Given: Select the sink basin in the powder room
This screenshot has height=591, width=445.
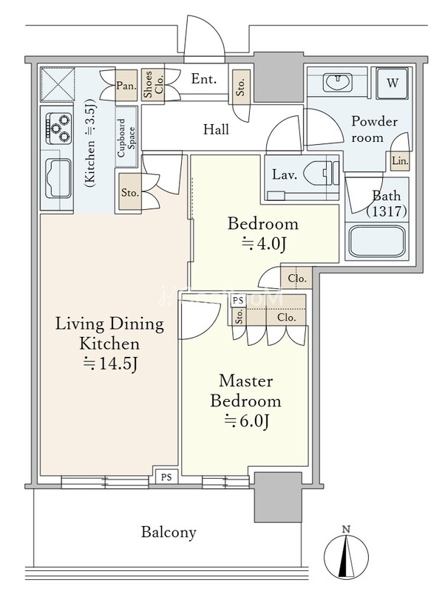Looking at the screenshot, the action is (x=337, y=82).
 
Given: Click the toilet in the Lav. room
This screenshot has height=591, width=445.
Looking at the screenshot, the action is (x=319, y=174).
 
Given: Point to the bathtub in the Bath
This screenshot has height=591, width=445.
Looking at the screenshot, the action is (x=377, y=242).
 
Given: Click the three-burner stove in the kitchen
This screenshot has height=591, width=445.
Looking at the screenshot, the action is (x=59, y=128).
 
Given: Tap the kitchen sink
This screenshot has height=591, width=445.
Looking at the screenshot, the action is (x=58, y=178).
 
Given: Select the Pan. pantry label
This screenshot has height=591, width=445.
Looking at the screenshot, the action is (x=126, y=86).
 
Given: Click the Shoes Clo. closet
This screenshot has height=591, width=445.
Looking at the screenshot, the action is (x=154, y=85).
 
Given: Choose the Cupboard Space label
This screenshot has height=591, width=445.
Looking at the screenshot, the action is (x=126, y=137).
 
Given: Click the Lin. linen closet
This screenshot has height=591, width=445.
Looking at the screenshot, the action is (x=400, y=161).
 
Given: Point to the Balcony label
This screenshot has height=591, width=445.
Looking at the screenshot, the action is (x=169, y=532).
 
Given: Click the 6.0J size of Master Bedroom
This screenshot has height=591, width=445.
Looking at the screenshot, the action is (x=246, y=421).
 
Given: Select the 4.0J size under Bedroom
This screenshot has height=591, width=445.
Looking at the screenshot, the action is (x=264, y=244).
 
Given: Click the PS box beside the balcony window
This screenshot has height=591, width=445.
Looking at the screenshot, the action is (x=166, y=476).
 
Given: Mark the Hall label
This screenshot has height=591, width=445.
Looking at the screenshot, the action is (x=216, y=129).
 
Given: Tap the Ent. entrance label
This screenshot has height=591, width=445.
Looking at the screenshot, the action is (x=204, y=79).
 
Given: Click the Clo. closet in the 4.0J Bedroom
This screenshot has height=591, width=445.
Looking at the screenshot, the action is (x=296, y=279).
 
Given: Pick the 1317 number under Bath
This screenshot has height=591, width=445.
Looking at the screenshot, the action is (x=387, y=211).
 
